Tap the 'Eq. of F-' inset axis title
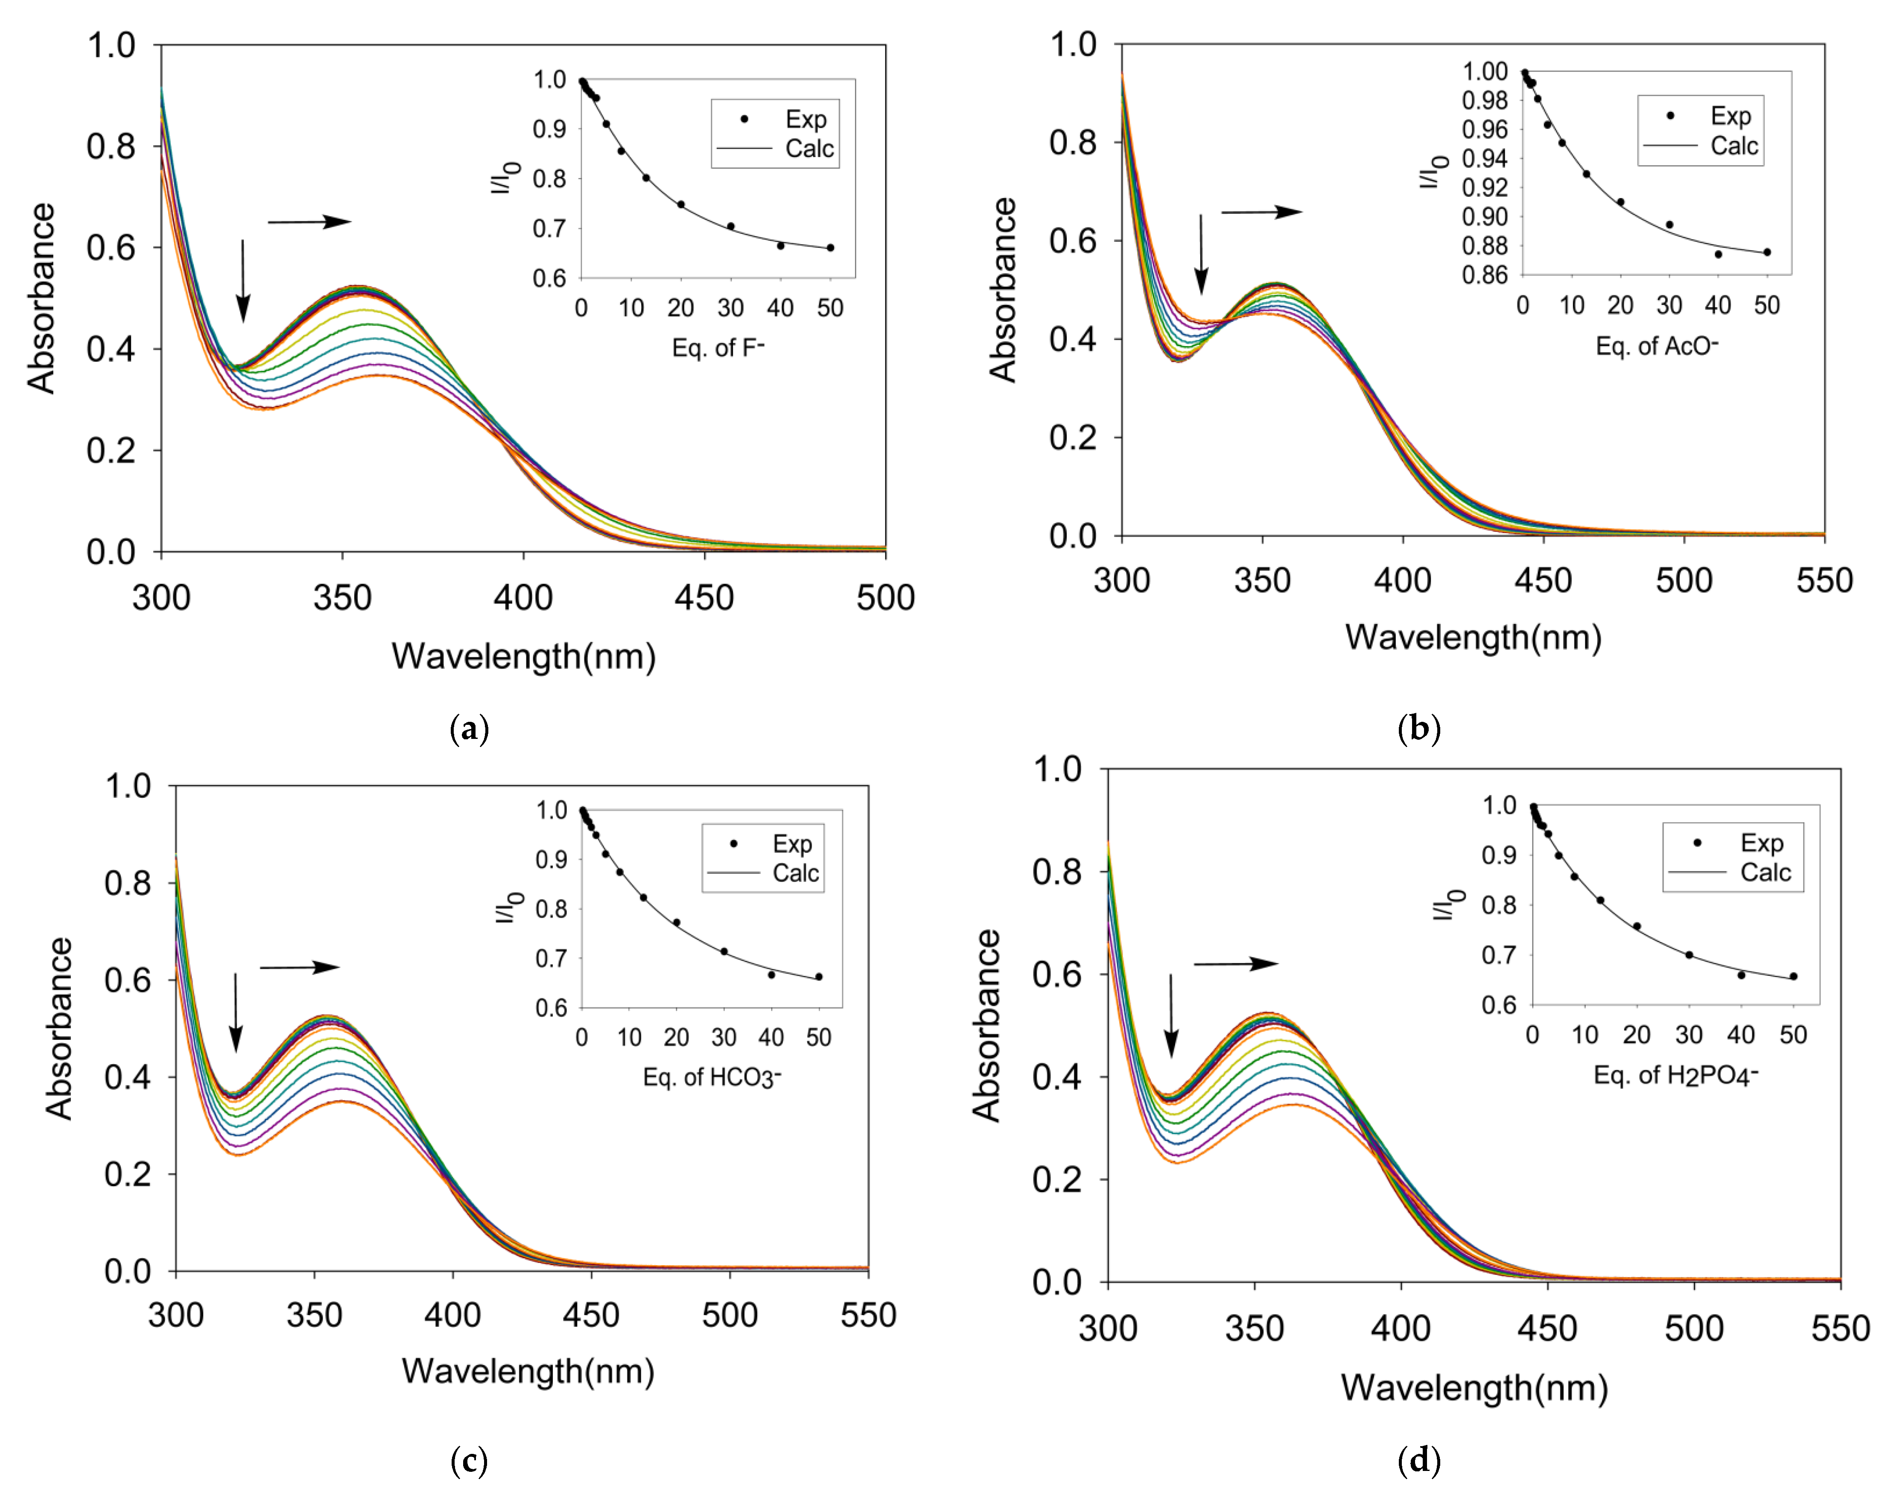point(717,348)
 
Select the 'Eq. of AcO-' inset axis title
point(1656,346)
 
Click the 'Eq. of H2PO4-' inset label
point(1675,1075)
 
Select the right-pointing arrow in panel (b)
point(1261,212)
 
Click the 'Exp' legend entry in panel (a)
point(805,119)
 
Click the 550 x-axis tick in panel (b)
point(1824,581)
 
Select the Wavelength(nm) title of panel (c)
point(528,1371)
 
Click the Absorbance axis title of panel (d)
point(986,1025)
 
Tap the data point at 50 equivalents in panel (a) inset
point(830,248)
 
